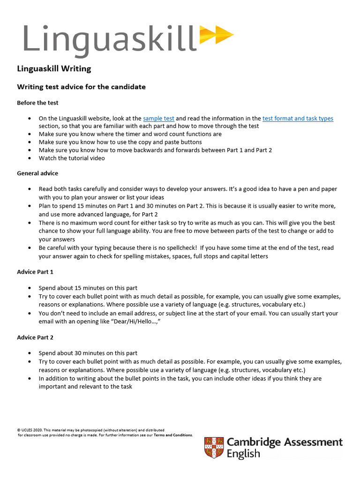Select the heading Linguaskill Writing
tap(54, 69)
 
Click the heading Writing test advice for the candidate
tap(81, 87)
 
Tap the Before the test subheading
tap(37, 103)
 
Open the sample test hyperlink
tap(158, 119)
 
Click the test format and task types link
tap(298, 119)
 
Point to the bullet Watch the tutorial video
tap(72, 158)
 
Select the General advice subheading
tap(37, 173)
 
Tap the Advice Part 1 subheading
tap(37, 272)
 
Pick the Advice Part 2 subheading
tap(37, 337)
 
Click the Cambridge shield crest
tap(214, 448)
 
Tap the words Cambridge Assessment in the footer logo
tap(285, 442)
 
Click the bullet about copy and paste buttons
tap(120, 142)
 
